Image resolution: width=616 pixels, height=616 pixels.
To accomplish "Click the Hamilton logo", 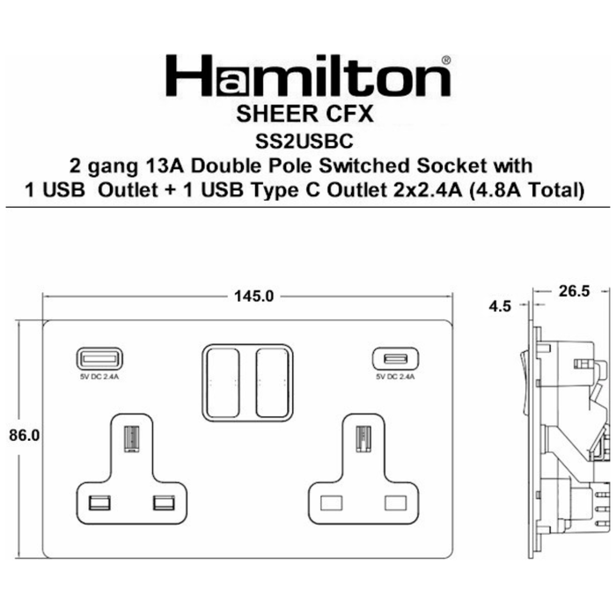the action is pos(308,76).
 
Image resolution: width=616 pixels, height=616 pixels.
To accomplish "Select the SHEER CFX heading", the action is pos(304,114).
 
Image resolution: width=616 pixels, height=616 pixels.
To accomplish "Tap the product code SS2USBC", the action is pos(304,142).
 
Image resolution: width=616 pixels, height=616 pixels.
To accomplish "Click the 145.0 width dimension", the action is pos(253,297).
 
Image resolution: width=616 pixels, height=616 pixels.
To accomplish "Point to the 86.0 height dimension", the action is pos(25,436).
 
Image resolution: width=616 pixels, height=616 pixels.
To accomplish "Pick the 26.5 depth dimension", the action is pos(574,291).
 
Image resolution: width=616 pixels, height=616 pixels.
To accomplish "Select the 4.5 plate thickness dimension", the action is pos(500,306).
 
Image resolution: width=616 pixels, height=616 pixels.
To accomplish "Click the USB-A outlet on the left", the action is pos(99,358).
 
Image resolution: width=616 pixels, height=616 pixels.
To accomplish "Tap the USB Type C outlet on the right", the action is pos(396,358).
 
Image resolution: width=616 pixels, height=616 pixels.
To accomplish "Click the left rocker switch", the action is pos(223,382).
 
